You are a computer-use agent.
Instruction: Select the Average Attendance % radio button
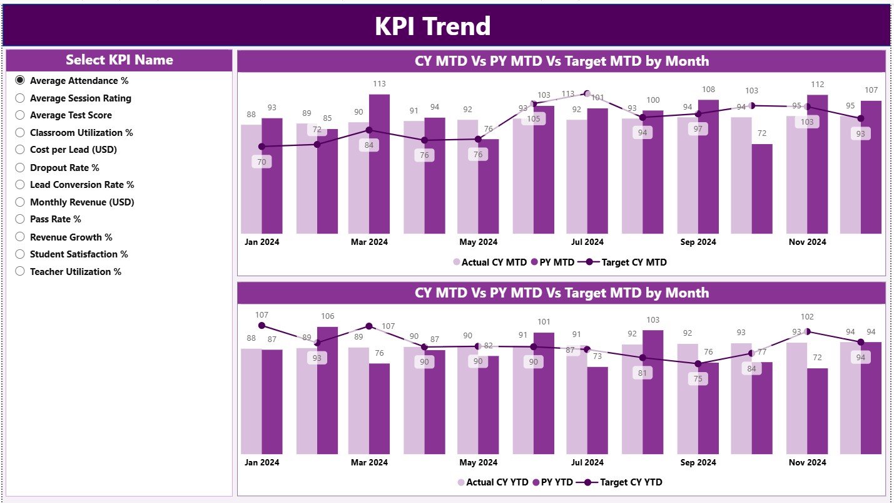pyautogui.click(x=20, y=80)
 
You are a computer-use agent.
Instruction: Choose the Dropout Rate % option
pyautogui.click(x=20, y=167)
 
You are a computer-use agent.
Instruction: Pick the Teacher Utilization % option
pyautogui.click(x=20, y=271)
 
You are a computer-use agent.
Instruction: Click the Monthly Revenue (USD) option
pyautogui.click(x=20, y=202)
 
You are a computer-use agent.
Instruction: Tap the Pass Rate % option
pyautogui.click(x=20, y=219)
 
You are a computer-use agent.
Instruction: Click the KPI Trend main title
pyautogui.click(x=432, y=26)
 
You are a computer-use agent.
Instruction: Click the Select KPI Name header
pyautogui.click(x=119, y=60)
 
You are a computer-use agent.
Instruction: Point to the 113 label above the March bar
pyautogui.click(x=379, y=84)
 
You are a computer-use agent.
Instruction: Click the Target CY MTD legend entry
pyautogui.click(x=633, y=262)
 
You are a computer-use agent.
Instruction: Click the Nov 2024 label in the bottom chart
pyautogui.click(x=807, y=462)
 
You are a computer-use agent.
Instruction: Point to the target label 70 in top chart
pyautogui.click(x=261, y=162)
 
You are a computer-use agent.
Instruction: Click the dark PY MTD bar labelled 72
pyautogui.click(x=761, y=188)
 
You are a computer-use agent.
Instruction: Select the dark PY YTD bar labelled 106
pyautogui.click(x=327, y=388)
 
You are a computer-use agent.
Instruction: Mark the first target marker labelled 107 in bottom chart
pyautogui.click(x=262, y=326)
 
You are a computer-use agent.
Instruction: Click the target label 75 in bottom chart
pyautogui.click(x=698, y=379)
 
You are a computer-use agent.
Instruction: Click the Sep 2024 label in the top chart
pyautogui.click(x=698, y=242)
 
